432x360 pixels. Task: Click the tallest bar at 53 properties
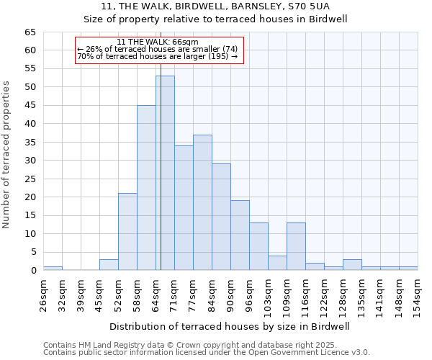point(165,173)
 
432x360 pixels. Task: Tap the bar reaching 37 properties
point(202,202)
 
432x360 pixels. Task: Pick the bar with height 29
point(221,217)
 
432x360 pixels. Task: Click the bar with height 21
point(127,232)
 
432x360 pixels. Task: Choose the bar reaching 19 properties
point(240,235)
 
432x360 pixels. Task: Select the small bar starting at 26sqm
point(53,268)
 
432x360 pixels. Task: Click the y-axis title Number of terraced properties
point(6,155)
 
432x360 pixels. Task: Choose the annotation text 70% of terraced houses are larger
point(157,56)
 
